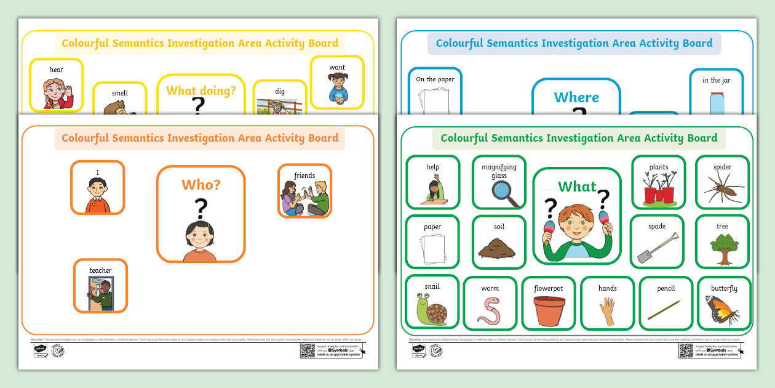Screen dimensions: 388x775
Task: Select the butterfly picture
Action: tap(723, 310)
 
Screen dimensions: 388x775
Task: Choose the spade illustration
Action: tap(656, 248)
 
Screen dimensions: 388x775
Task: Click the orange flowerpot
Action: tap(549, 311)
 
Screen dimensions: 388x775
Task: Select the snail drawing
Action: tap(432, 309)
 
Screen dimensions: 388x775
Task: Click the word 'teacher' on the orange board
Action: tap(100, 270)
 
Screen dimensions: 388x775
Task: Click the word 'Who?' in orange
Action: tap(201, 185)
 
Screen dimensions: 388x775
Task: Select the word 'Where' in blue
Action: tap(576, 97)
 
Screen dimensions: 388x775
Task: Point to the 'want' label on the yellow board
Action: tap(337, 68)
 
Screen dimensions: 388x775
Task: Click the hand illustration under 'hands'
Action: tap(608, 310)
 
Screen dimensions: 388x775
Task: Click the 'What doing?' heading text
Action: tap(201, 91)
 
